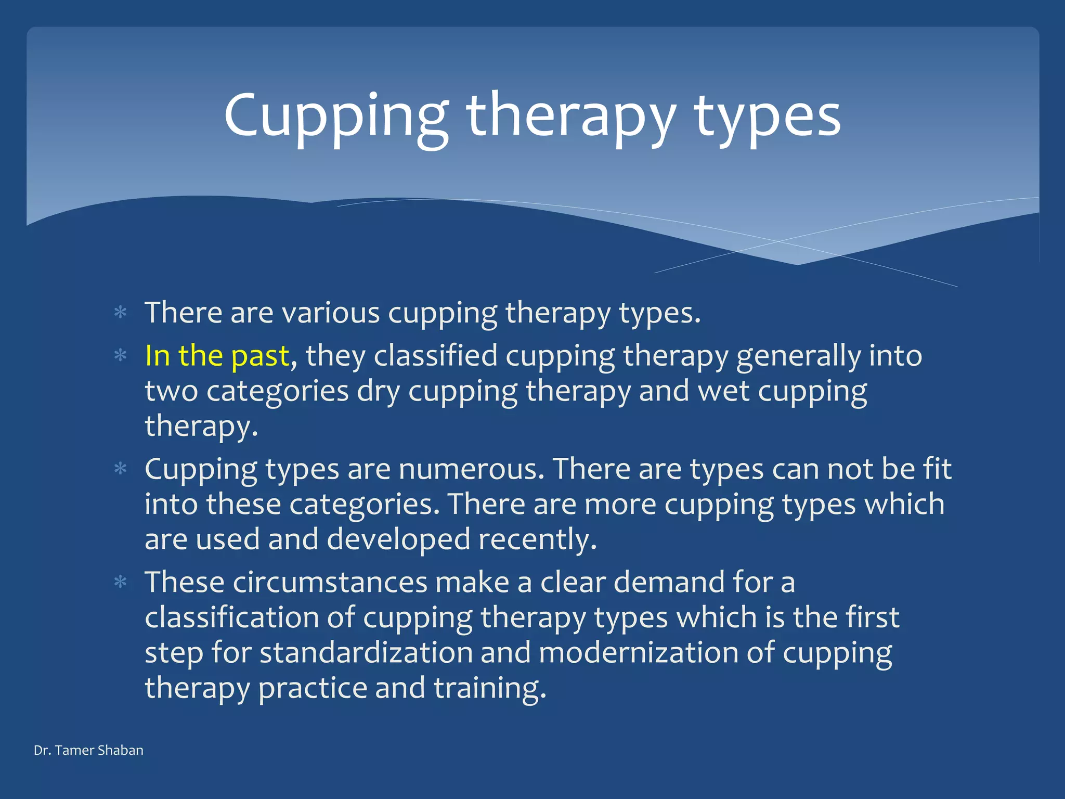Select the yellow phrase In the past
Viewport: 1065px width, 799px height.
pyautogui.click(x=217, y=356)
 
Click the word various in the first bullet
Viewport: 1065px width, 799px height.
pyautogui.click(x=331, y=313)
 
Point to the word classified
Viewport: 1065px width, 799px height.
pyautogui.click(x=435, y=356)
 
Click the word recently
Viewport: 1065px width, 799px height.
pyautogui.click(x=537, y=539)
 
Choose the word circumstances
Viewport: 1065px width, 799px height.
pyautogui.click(x=330, y=582)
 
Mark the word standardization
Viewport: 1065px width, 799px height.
pyautogui.click(x=366, y=652)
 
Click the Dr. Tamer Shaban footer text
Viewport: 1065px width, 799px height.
pyautogui.click(x=88, y=750)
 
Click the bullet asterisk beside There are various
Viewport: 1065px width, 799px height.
pyautogui.click(x=121, y=313)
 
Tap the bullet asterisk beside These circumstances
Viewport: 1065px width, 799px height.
pyautogui.click(x=121, y=582)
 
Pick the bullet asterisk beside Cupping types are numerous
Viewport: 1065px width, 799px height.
pyautogui.click(x=121, y=469)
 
